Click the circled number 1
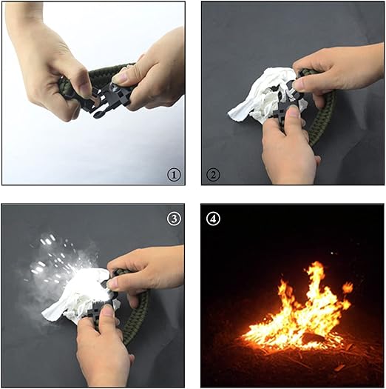[174, 175]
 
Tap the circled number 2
[213, 175]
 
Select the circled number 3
[174, 219]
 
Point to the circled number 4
[213, 219]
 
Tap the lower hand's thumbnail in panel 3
[107, 310]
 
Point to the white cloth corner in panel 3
[44, 315]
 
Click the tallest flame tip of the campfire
[316, 263]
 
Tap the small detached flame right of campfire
[348, 287]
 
